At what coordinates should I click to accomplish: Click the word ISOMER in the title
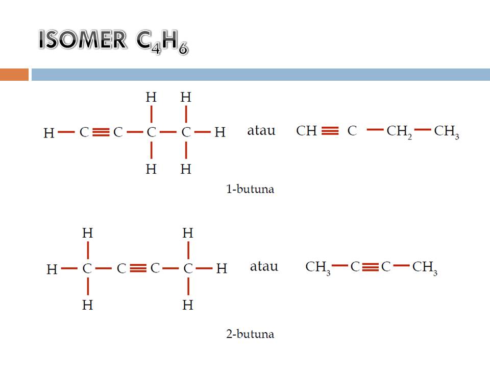[x=82, y=41]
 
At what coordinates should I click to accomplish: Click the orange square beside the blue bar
[x=14, y=75]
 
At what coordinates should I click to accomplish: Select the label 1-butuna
[x=250, y=189]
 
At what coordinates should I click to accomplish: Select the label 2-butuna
[x=250, y=335]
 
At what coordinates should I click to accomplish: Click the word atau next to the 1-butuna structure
[x=261, y=130]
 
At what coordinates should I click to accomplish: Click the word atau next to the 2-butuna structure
[x=264, y=266]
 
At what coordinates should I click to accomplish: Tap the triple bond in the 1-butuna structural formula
[x=102, y=132]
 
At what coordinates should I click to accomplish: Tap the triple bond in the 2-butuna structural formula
[x=138, y=268]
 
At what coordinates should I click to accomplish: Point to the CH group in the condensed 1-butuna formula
[x=307, y=131]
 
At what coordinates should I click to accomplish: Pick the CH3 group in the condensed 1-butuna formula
[x=447, y=132]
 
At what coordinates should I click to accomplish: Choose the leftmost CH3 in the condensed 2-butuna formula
[x=318, y=267]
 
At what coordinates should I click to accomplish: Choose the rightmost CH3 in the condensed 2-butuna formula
[x=425, y=267]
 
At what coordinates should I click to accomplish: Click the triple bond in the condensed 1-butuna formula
[x=330, y=131]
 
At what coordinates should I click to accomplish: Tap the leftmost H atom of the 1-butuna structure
[x=48, y=133]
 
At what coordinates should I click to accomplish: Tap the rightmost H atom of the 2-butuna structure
[x=221, y=268]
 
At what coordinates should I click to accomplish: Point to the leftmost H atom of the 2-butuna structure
[x=52, y=269]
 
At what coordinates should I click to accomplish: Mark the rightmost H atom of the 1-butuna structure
[x=219, y=132]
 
